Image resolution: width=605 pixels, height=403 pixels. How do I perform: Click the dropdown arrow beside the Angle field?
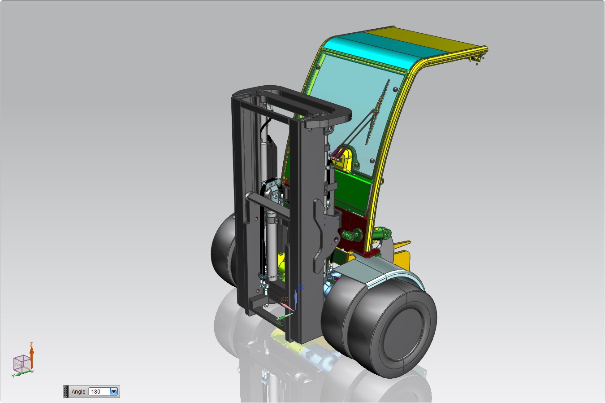[114, 391]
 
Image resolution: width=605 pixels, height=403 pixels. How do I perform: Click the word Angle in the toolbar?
[78, 392]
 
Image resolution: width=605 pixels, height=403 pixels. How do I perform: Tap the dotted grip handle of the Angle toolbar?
[66, 391]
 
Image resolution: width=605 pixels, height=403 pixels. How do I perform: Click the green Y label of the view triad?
[13, 376]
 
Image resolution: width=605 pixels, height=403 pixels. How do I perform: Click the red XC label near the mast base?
[284, 299]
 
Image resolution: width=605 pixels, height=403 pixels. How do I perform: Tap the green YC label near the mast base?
[280, 323]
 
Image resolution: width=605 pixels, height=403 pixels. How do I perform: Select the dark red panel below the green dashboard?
[354, 224]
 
